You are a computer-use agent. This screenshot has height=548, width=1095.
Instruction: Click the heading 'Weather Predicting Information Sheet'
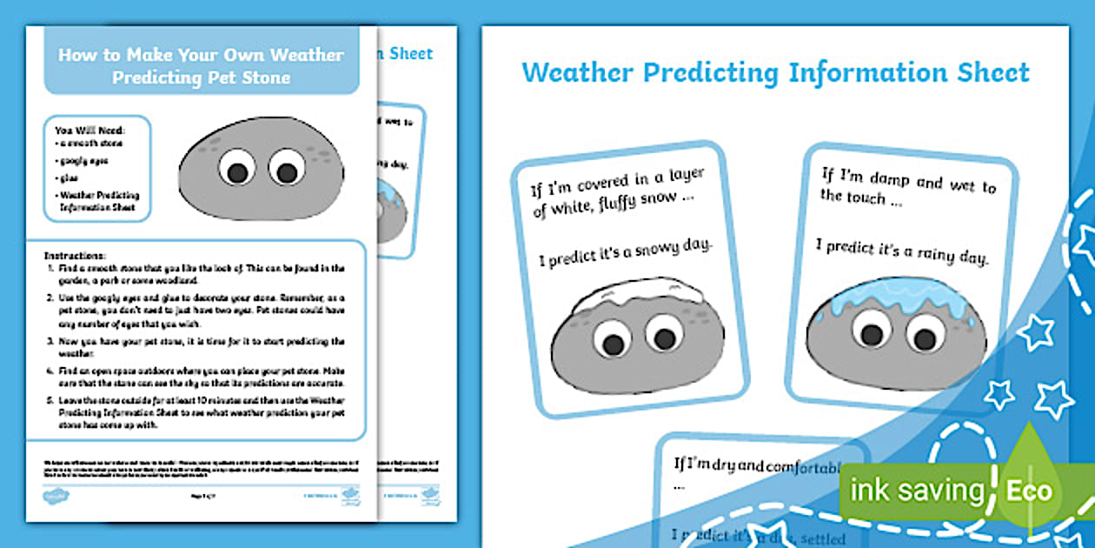coord(775,72)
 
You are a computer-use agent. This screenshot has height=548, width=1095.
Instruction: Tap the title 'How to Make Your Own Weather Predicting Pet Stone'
coord(201,66)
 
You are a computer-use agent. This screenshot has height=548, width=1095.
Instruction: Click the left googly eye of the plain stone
coord(236,166)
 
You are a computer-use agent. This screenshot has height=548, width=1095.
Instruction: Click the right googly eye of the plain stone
coord(287,166)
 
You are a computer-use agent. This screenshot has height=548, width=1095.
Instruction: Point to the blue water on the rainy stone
coord(895,296)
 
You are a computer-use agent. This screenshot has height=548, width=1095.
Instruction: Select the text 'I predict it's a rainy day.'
coord(902,250)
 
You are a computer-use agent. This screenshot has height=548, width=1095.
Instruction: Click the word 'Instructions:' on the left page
coord(75,257)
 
